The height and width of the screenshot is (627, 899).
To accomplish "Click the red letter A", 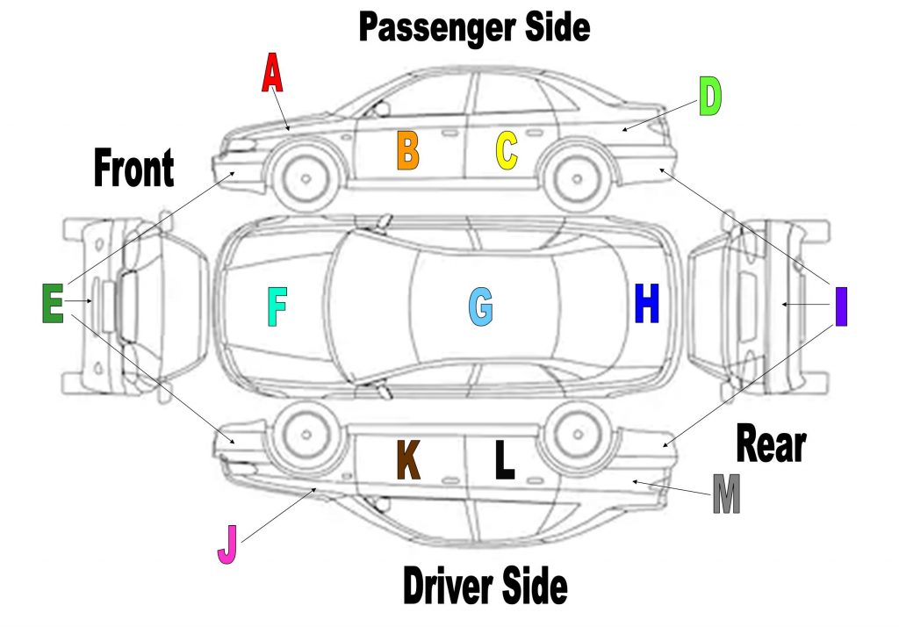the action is coord(273,73).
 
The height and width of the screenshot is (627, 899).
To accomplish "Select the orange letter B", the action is coord(407,150).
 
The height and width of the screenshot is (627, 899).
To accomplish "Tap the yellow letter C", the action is coord(507,150).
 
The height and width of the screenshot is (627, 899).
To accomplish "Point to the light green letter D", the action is coord(709,97).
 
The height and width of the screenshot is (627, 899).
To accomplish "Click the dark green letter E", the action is coord(53,303).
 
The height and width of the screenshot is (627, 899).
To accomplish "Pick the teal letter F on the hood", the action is coord(277,307).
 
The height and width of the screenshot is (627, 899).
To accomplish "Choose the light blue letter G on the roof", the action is coord(480,307).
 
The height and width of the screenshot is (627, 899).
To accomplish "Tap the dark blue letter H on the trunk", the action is coord(646,304).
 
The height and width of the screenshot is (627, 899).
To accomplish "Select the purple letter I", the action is coord(841,306).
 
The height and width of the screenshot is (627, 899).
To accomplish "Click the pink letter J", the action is coord(227,544).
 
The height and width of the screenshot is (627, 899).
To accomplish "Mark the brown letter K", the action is coord(408,459).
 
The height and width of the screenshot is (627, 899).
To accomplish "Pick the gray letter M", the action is coord(726,494).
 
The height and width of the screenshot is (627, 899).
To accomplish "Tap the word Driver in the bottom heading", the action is coord(445,586).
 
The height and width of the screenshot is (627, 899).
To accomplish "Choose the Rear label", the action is coord(770,443).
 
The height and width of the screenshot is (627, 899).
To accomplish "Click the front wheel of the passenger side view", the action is coord(306,178).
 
